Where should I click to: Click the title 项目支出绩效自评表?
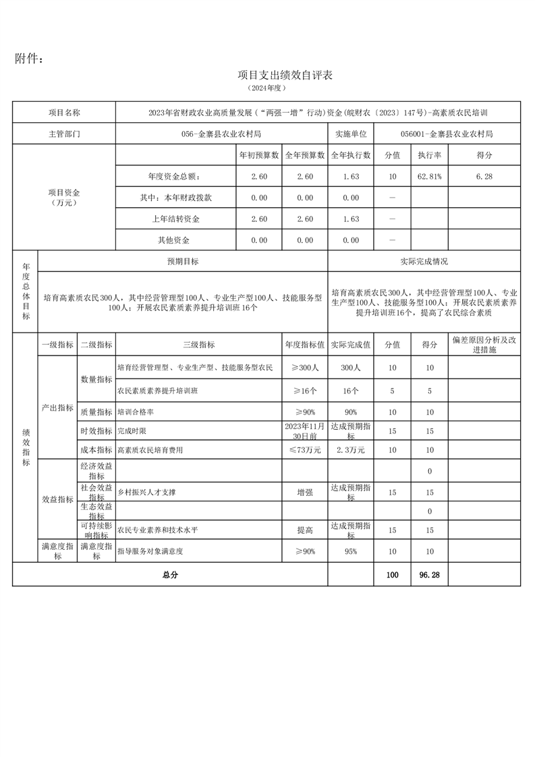(x=285, y=75)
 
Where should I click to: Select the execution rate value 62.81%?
(x=429, y=176)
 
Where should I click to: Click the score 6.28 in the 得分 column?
(x=484, y=176)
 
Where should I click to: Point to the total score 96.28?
(x=429, y=575)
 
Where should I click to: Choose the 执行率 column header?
(x=429, y=155)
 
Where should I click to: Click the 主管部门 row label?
(x=64, y=134)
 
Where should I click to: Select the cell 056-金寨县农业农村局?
(x=221, y=134)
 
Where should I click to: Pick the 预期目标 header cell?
(x=183, y=261)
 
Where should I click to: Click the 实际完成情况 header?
(x=424, y=261)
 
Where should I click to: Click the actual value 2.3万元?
(x=351, y=449)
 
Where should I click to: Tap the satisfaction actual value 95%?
(x=351, y=551)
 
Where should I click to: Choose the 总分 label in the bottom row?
(x=169, y=575)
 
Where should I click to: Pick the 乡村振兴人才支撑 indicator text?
(x=147, y=493)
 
